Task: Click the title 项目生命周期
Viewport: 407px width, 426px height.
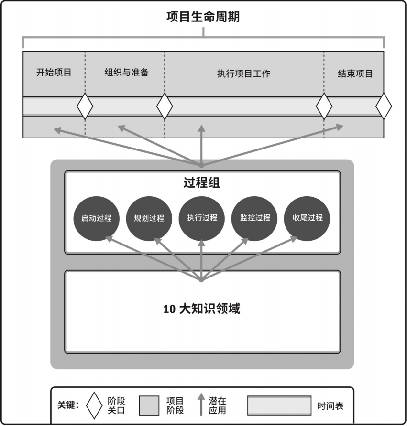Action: coord(203,18)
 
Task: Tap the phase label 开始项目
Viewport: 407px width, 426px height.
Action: coord(54,73)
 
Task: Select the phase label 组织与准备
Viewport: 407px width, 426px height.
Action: coord(126,73)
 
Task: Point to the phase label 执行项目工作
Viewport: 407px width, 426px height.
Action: coord(243,74)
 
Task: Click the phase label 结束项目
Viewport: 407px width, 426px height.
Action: coord(355,74)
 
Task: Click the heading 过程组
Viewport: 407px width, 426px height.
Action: coord(202,182)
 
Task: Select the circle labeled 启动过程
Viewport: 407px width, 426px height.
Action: coord(97,218)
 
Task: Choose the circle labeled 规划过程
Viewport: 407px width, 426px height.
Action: coord(149,218)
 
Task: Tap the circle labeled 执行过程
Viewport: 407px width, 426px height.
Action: coord(202,218)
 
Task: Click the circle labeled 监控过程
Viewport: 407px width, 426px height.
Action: coord(254,218)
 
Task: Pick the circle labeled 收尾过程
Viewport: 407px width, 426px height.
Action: coord(307,218)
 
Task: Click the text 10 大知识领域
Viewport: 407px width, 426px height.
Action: coord(202,309)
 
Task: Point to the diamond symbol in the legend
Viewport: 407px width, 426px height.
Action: coord(94,405)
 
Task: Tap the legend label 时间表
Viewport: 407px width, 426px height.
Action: coord(330,406)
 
